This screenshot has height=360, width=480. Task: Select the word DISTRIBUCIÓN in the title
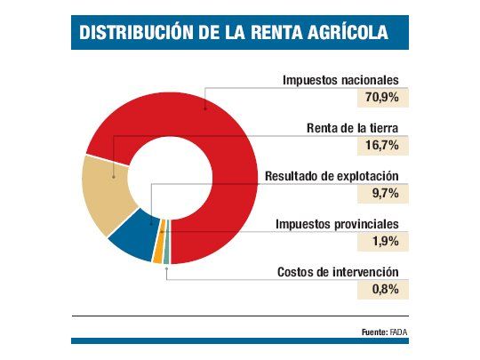coord(138,34)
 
